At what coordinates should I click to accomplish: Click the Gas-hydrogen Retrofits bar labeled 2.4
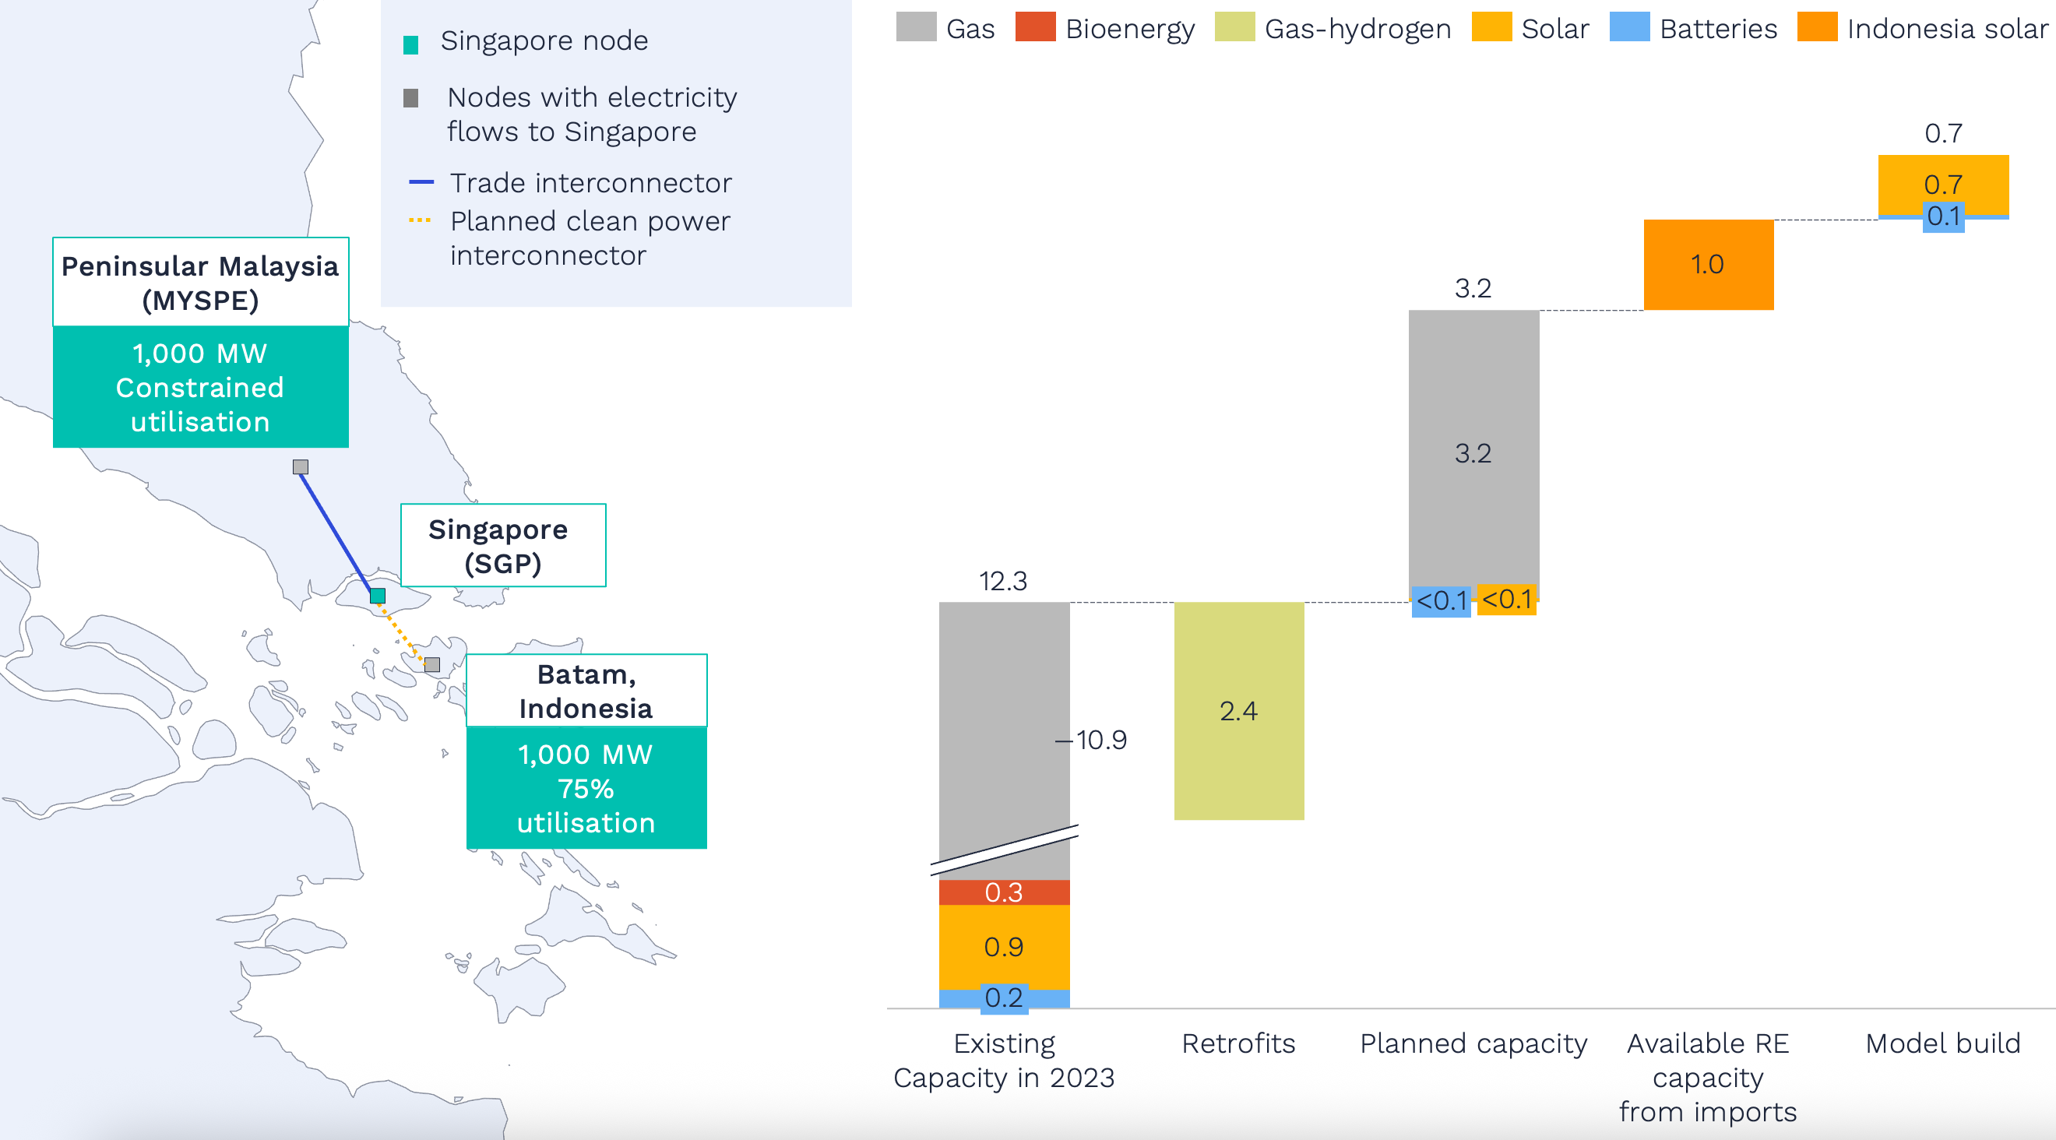pos(1239,710)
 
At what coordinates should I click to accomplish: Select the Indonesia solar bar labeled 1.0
pos(1708,264)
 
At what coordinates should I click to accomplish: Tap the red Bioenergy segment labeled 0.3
pos(1004,892)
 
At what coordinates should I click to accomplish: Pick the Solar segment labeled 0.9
pos(1004,947)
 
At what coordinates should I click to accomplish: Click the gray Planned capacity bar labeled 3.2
pos(1473,452)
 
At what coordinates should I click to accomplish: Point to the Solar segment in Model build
pos(1942,184)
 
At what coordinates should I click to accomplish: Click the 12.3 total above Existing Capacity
pos(1003,581)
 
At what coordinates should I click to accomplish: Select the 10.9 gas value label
pos(1100,741)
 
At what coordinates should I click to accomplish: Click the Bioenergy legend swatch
pos(1034,27)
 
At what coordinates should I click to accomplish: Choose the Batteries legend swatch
pos(1629,27)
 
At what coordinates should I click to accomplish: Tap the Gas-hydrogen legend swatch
pos(1234,27)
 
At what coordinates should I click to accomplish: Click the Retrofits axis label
pos(1239,1043)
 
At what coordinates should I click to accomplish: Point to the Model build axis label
pos(1942,1043)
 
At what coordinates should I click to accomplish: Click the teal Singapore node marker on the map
pos(378,595)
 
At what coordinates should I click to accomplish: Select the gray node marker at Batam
pos(431,664)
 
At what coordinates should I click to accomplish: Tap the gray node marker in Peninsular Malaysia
pos(300,466)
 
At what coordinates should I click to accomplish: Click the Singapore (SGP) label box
pos(503,546)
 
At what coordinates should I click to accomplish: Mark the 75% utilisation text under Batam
pos(586,789)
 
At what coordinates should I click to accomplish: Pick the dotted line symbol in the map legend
pos(420,220)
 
